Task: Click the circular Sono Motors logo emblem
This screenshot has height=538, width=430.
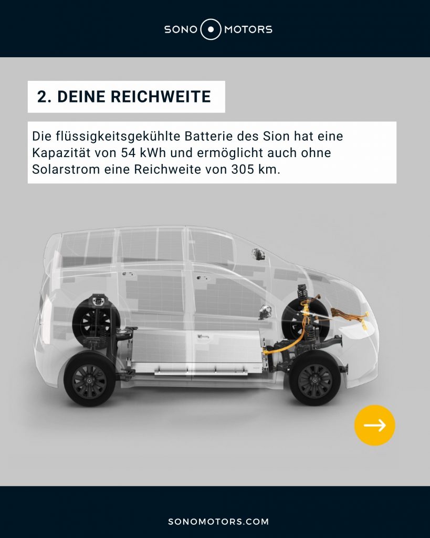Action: pyautogui.click(x=211, y=29)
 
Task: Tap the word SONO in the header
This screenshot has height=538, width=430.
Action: pyautogui.click(x=181, y=29)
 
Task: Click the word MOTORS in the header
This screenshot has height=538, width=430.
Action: pyautogui.click(x=248, y=29)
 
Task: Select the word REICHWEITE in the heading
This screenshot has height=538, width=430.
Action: pyautogui.click(x=161, y=97)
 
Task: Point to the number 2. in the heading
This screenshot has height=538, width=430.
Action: pyautogui.click(x=45, y=97)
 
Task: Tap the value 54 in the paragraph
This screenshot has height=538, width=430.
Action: pyautogui.click(x=128, y=153)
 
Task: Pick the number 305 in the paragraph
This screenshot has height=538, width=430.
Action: pyautogui.click(x=243, y=170)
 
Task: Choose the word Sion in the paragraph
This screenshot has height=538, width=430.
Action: pyautogui.click(x=276, y=136)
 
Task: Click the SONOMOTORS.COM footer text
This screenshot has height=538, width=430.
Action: pyautogui.click(x=218, y=522)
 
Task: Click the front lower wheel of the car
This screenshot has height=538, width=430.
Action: pyautogui.click(x=315, y=380)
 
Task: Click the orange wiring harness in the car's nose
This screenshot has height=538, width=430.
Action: pyautogui.click(x=350, y=317)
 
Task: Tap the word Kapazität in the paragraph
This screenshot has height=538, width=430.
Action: pyautogui.click(x=61, y=153)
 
